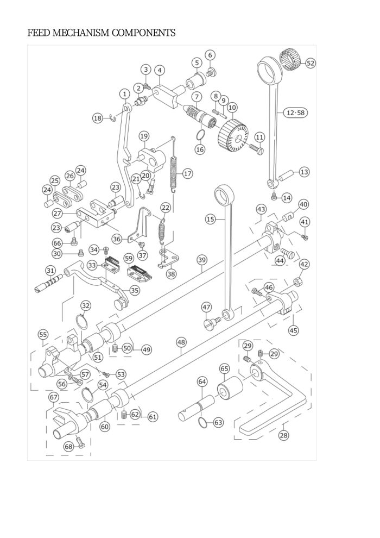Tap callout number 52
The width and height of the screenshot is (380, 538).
coord(310,63)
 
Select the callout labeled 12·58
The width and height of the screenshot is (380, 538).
coord(295,112)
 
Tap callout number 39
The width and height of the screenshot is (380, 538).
coord(202,260)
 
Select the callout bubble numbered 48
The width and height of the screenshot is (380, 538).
coord(181,342)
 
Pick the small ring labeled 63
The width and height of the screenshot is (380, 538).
coord(202,422)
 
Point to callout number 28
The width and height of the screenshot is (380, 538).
coord(283,435)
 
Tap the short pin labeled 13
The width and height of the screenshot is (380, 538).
coord(287,174)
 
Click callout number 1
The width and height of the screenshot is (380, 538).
coord(125,93)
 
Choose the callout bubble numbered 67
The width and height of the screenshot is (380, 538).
coord(53,398)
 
